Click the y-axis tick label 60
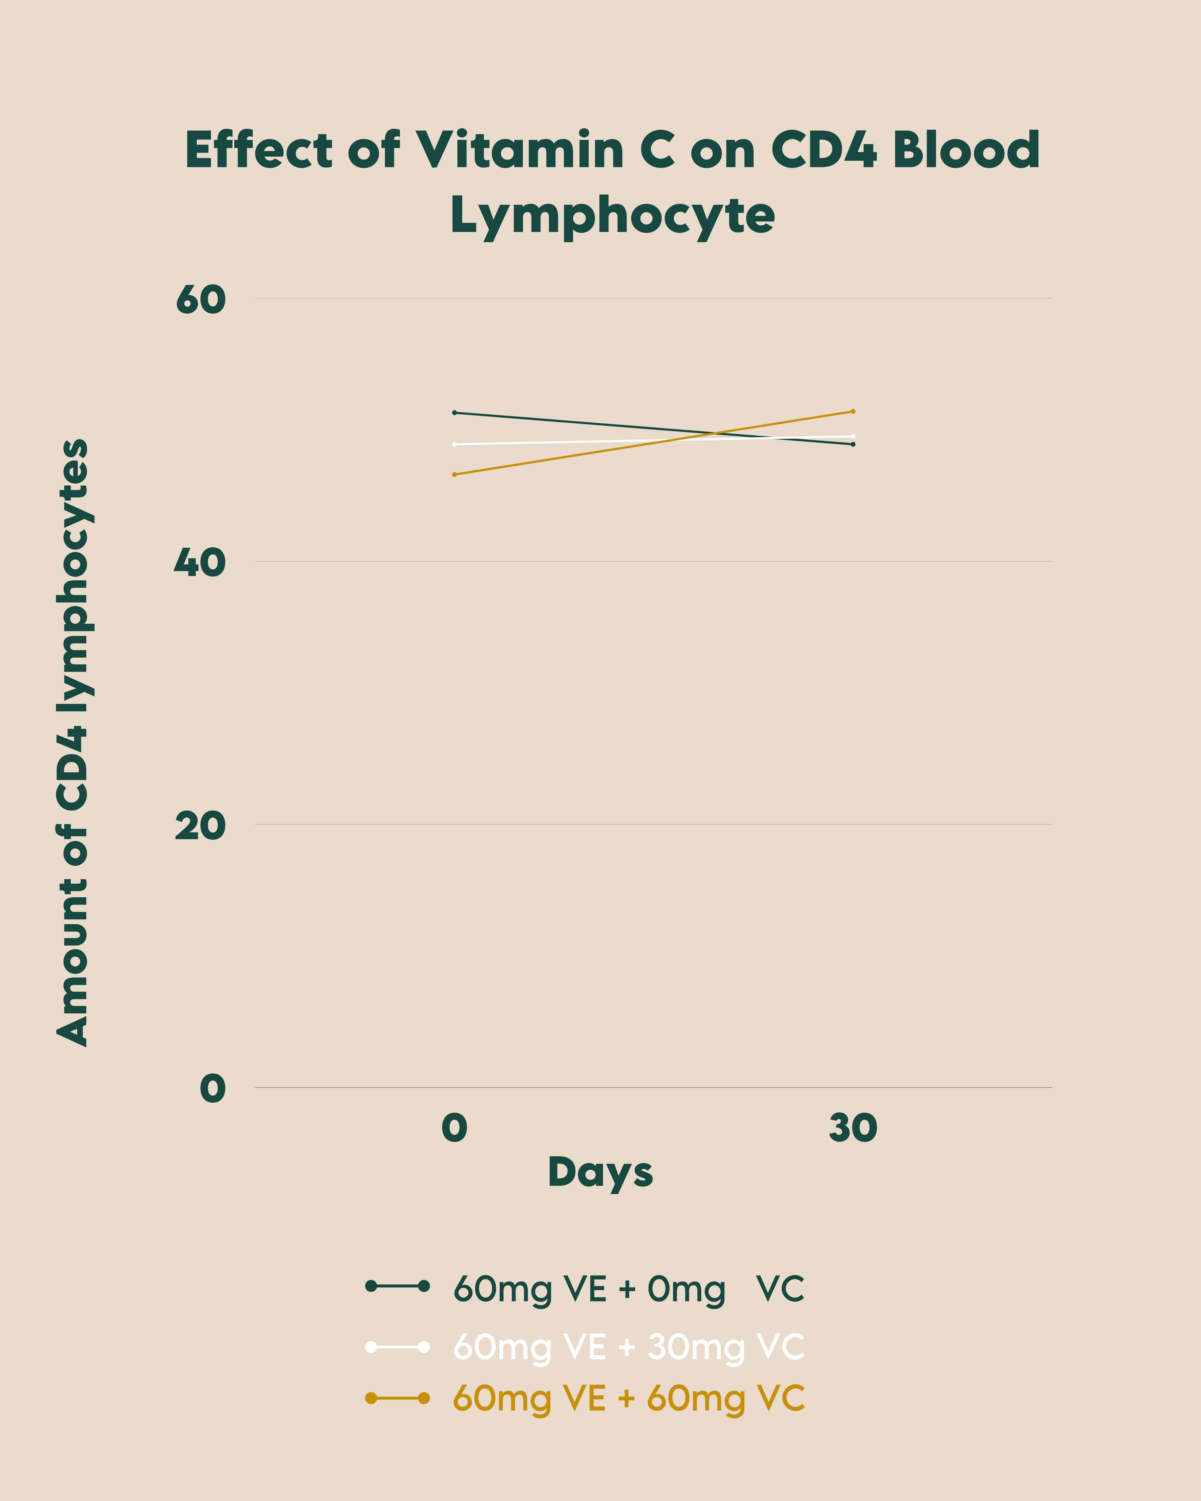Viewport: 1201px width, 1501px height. (201, 300)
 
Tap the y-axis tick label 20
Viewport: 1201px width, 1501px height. (201, 826)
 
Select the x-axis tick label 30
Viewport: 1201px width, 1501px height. (853, 1128)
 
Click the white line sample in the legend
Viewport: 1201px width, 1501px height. (397, 1347)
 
